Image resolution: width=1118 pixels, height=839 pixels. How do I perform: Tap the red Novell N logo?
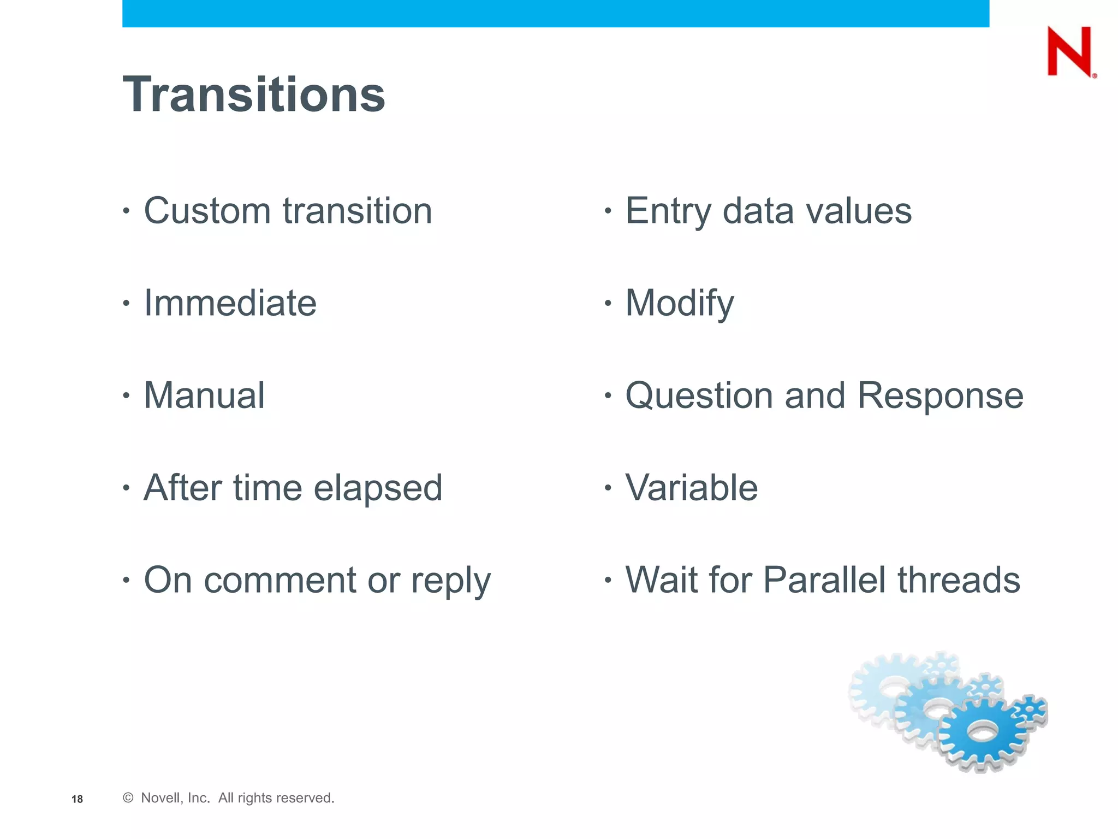pyautogui.click(x=1069, y=52)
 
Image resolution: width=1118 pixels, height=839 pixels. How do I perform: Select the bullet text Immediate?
pyautogui.click(x=230, y=303)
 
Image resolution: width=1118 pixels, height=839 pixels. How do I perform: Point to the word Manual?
pyautogui.click(x=204, y=395)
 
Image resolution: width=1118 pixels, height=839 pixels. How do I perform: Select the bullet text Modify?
pyautogui.click(x=680, y=304)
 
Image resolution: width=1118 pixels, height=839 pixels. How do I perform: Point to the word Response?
pyautogui.click(x=940, y=395)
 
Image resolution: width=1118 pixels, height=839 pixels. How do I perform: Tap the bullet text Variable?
pyautogui.click(x=691, y=488)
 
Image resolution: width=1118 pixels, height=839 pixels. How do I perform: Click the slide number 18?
pyautogui.click(x=77, y=799)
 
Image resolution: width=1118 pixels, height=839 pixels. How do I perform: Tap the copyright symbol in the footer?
pyautogui.click(x=128, y=798)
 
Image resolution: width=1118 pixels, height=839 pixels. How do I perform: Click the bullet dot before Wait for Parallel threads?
pyautogui.click(x=608, y=580)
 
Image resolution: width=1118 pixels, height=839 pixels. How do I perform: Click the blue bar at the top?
pyautogui.click(x=555, y=13)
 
